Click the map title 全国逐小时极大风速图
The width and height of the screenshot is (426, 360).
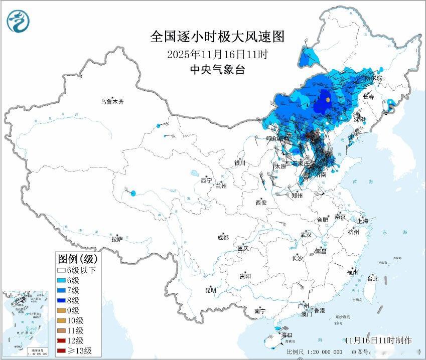pos(217,37)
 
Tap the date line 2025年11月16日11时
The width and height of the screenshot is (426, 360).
pos(212,54)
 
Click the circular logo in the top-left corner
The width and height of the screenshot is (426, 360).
pos(18,21)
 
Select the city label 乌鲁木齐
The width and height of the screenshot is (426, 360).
pos(111,102)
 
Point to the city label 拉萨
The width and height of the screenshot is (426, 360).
pos(117,239)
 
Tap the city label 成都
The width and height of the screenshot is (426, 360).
pos(223,238)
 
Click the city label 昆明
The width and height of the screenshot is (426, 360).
pos(210,290)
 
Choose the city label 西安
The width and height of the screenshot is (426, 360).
pos(261,203)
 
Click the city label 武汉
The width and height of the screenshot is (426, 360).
pos(306,235)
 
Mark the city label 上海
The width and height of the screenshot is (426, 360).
pos(362,221)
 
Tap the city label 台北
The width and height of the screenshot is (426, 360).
pos(372,279)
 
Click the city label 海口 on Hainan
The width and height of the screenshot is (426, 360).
pos(286,334)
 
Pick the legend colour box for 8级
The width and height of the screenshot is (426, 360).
pos(63,300)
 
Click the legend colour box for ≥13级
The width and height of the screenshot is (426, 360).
pos(63,350)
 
